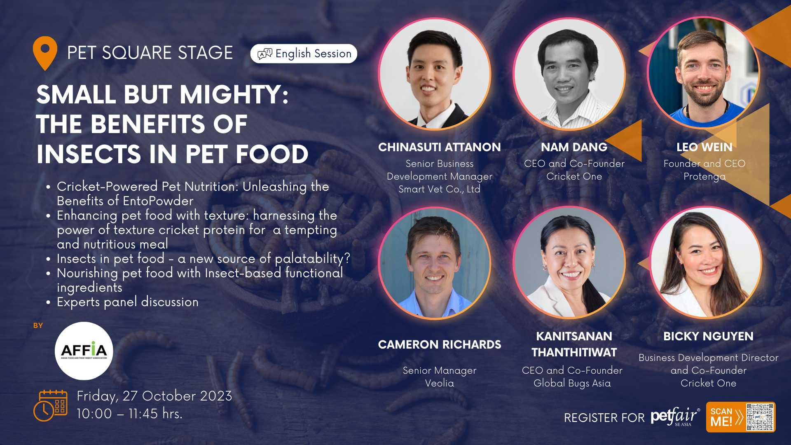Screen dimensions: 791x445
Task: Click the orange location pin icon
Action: (x=45, y=53)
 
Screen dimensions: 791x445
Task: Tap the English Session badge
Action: (x=304, y=54)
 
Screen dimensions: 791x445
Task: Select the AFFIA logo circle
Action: (x=84, y=351)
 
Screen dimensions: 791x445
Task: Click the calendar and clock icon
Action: (x=50, y=405)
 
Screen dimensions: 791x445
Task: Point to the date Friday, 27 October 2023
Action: (x=154, y=396)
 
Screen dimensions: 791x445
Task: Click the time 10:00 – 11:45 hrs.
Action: (x=129, y=414)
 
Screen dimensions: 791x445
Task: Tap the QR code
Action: (x=760, y=417)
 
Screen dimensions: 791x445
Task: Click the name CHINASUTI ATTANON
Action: (x=440, y=147)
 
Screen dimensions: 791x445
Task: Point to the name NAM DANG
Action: (x=574, y=147)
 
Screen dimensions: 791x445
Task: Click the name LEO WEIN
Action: (x=704, y=147)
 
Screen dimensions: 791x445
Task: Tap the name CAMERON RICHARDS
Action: (x=440, y=344)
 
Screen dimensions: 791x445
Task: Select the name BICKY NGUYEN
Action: (x=708, y=336)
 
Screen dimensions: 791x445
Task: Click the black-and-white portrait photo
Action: (x=569, y=74)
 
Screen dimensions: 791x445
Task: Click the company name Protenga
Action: (x=704, y=177)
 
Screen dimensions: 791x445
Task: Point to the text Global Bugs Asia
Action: (x=572, y=383)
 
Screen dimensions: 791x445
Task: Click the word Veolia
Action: (x=440, y=383)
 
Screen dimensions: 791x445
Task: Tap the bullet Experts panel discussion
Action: (x=128, y=302)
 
